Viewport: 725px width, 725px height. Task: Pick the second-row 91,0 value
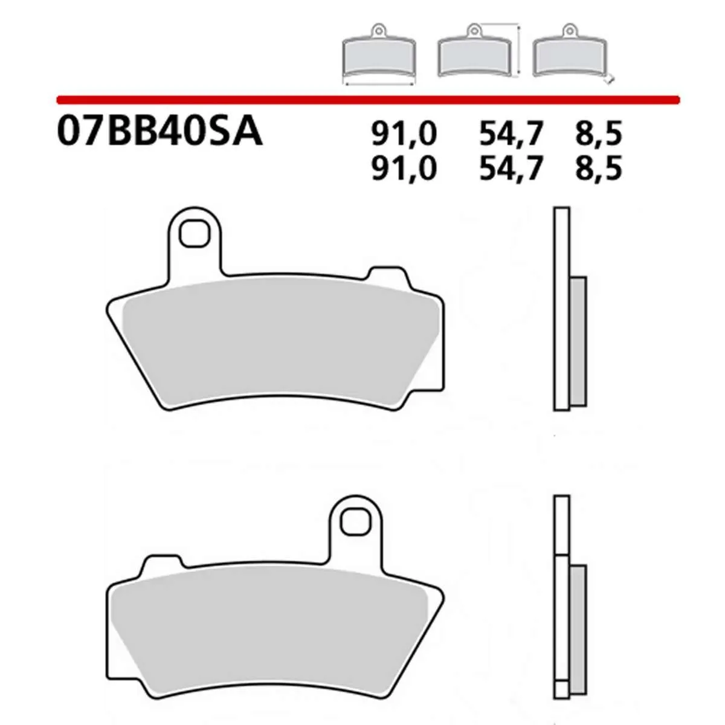(x=404, y=169)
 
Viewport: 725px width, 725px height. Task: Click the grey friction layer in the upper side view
(x=578, y=341)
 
